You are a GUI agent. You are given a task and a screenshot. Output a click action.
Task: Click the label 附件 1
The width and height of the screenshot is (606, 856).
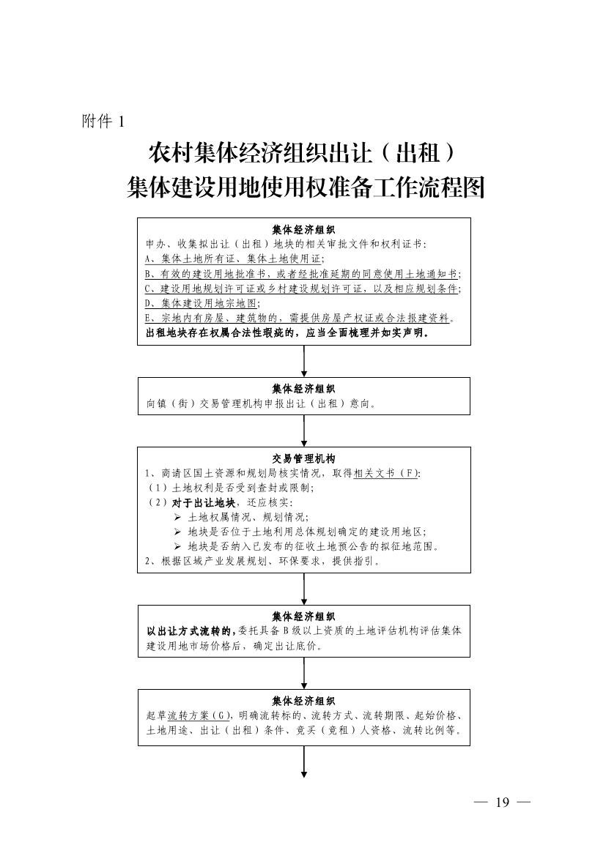tap(103, 121)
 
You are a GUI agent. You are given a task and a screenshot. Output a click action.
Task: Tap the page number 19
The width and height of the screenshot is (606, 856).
tap(502, 802)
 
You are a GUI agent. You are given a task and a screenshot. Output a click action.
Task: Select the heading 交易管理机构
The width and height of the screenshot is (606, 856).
tap(304, 459)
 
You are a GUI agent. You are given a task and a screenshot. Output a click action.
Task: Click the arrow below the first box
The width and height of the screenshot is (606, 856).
tap(304, 361)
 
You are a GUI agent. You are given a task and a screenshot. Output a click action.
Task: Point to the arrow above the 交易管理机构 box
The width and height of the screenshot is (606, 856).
tap(304, 431)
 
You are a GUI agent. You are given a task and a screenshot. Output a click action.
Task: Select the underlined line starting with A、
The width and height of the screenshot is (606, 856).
tap(234, 258)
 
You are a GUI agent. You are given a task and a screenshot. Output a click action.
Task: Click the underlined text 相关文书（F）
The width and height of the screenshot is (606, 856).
tap(386, 473)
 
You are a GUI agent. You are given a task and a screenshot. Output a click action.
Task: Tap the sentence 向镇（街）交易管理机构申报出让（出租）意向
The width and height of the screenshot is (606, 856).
tap(261, 404)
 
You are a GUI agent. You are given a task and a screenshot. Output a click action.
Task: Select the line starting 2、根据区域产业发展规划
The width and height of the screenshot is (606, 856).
tap(263, 561)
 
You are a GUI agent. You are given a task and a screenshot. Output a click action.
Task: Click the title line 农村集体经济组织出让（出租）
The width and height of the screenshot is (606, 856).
tap(302, 153)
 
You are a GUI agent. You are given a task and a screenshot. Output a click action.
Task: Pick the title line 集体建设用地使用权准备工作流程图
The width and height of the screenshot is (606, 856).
tap(306, 187)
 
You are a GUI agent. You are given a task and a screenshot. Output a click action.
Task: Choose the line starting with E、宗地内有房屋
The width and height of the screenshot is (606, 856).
tap(300, 318)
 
